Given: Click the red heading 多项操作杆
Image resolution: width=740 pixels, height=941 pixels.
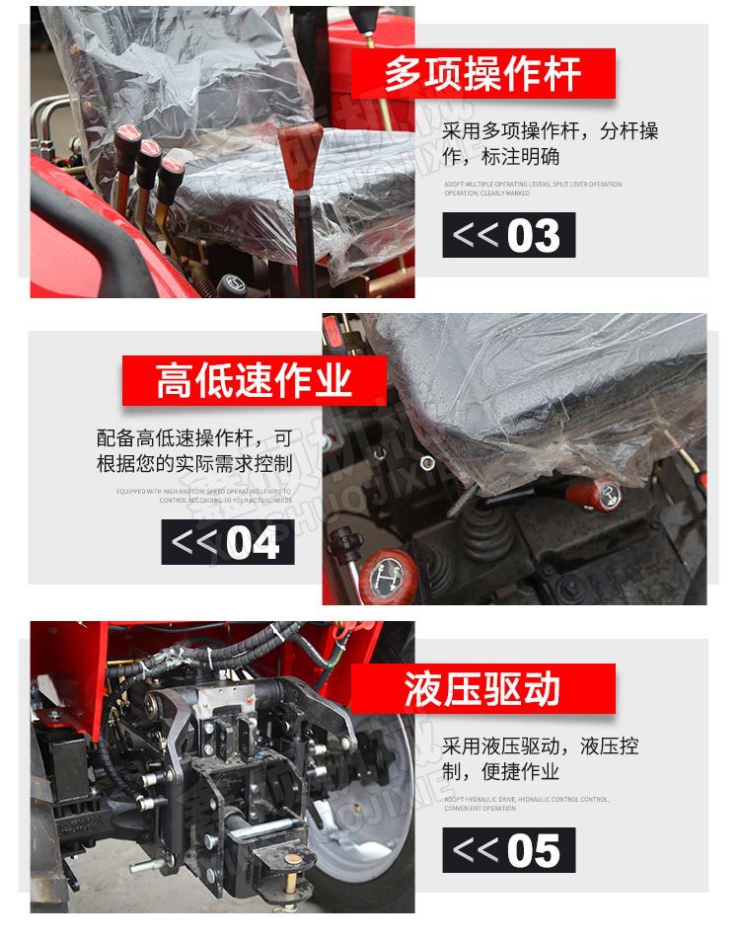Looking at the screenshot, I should [x=483, y=74].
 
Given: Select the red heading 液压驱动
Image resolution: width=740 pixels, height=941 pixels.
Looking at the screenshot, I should [x=482, y=688].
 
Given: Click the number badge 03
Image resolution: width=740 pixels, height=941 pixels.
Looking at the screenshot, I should [x=508, y=236].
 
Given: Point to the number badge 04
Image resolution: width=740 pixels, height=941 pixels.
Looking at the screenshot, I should [x=228, y=543].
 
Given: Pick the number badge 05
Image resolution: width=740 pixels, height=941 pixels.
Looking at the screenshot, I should [x=508, y=850].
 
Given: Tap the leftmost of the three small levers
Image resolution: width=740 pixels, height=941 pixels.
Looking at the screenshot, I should [x=126, y=141].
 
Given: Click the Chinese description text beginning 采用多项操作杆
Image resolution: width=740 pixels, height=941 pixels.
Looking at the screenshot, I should [x=550, y=143].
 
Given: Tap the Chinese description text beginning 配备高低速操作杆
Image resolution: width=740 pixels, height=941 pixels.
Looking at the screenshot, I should [x=194, y=450].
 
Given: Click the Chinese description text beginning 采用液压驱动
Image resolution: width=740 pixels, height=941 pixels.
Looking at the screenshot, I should [x=540, y=758].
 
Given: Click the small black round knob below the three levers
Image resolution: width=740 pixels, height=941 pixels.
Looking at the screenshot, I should [x=234, y=284].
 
